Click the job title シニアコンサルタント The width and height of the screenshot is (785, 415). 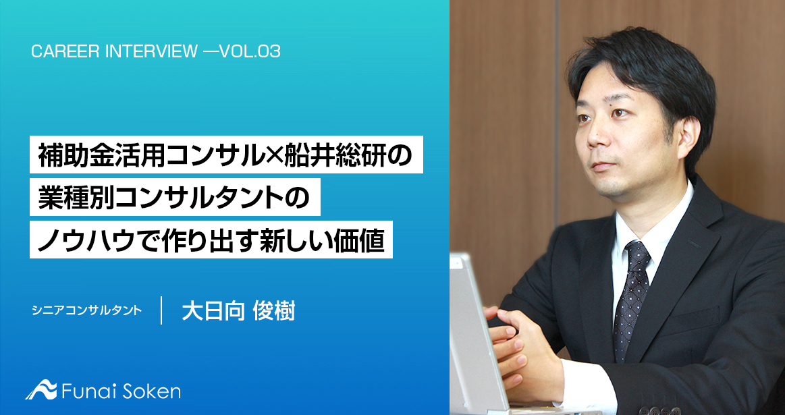tap(86, 311)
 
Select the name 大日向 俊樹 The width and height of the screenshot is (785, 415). tap(238, 310)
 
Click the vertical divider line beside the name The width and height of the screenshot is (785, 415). tap(161, 310)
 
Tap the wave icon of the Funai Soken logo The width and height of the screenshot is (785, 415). tap(41, 391)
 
